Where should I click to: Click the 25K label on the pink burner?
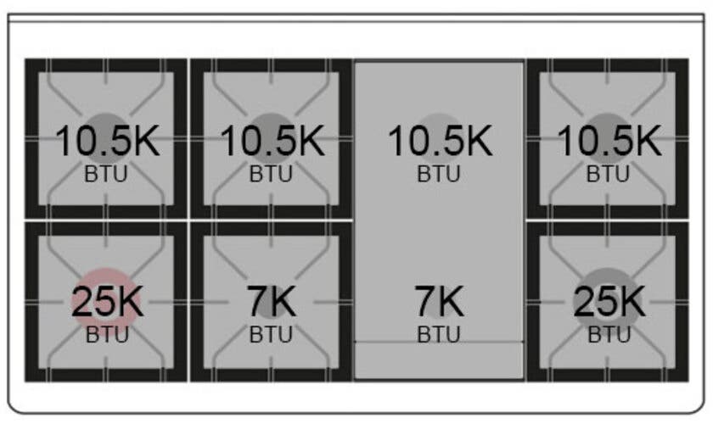(107, 301)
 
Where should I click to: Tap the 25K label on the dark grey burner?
(609, 301)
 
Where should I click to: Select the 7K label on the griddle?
(440, 301)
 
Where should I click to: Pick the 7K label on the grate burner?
(272, 301)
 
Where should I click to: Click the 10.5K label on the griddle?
(440, 141)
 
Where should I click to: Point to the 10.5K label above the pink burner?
(107, 141)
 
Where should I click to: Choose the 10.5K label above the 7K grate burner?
(272, 141)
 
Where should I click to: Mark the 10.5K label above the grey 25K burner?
(609, 141)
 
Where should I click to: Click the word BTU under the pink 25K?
(107, 335)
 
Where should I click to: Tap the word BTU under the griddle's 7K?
(439, 335)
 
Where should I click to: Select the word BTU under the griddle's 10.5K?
(439, 174)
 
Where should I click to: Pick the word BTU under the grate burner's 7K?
(271, 335)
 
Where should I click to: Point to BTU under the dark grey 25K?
(609, 335)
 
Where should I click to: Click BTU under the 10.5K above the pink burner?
(106, 174)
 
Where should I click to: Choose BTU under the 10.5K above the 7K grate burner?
(271, 174)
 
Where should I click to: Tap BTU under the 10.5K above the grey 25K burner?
(608, 174)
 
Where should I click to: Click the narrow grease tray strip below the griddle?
(439, 360)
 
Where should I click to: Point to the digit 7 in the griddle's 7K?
(425, 301)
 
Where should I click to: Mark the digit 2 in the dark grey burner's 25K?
(583, 301)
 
